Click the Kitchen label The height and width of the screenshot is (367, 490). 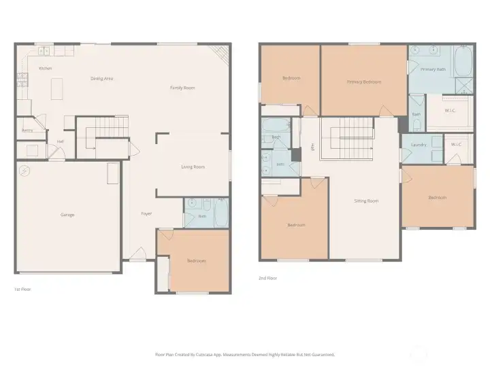click(x=46, y=69)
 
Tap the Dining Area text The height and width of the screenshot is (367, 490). click(x=101, y=79)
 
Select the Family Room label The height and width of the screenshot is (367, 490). click(x=182, y=88)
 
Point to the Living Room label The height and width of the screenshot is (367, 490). click(x=193, y=167)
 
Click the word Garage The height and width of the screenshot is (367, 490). click(x=67, y=215)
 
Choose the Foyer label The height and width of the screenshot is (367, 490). click(x=146, y=213)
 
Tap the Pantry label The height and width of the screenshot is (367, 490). click(x=28, y=130)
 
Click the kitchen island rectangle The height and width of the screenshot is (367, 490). click(x=57, y=87)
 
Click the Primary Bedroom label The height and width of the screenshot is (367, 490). click(x=363, y=82)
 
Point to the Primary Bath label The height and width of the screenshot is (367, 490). click(x=433, y=69)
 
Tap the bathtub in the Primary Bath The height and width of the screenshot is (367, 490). click(x=463, y=62)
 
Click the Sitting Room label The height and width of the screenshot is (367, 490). click(x=366, y=200)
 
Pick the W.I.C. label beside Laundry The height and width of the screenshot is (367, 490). click(x=456, y=144)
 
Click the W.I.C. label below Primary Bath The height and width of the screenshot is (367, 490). click(x=450, y=110)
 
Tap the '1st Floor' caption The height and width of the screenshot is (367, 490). click(x=22, y=289)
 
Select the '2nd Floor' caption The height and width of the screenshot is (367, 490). click(x=267, y=277)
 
